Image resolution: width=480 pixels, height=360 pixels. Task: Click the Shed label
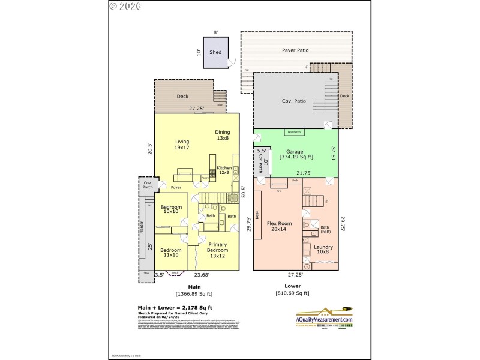click(215, 52)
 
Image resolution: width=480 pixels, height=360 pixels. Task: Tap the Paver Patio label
click(295, 50)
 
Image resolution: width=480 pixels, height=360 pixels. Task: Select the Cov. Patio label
click(294, 101)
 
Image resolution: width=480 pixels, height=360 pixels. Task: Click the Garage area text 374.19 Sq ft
click(296, 157)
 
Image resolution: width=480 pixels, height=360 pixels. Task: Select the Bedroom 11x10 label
click(171, 252)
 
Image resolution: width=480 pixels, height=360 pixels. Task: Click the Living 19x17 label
click(182, 145)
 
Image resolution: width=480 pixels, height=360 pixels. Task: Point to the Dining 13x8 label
click(223, 135)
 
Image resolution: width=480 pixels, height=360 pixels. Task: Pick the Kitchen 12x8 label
click(224, 170)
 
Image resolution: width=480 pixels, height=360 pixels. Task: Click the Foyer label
click(176, 187)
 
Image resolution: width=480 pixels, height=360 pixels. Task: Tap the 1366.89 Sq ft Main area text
click(194, 294)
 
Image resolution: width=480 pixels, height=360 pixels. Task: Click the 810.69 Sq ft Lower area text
click(292, 293)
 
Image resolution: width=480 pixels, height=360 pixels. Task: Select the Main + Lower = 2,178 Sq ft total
click(175, 307)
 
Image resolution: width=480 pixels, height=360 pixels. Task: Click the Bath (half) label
click(325, 230)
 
